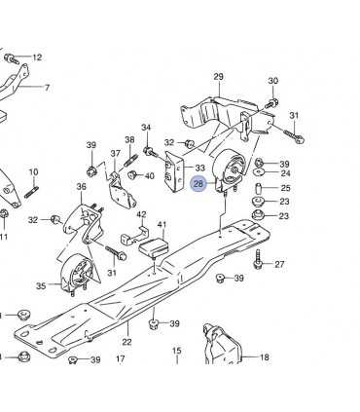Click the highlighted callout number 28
[198, 182]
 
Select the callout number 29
[219, 76]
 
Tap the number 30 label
[273, 81]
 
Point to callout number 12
[37, 57]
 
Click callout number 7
[46, 88]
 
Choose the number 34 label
[146, 128]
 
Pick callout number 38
[129, 140]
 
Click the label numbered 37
[115, 154]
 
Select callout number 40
[149, 176]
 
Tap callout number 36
[82, 186]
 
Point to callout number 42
[141, 214]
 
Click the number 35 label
[41, 286]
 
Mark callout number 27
[280, 264]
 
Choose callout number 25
[285, 188]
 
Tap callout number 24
[285, 173]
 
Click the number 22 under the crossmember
[126, 341]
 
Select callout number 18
[265, 358]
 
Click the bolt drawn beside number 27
[259, 260]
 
